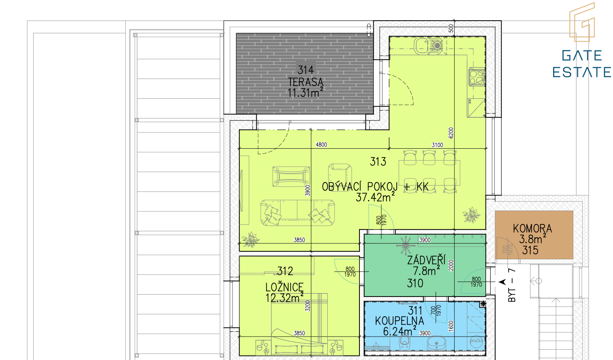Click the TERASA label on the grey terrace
click(x=306, y=82)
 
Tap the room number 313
click(x=378, y=162)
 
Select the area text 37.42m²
click(x=375, y=197)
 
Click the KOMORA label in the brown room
click(x=532, y=228)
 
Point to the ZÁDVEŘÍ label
click(x=427, y=260)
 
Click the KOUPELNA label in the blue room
click(x=399, y=321)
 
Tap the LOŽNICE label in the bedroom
click(x=284, y=287)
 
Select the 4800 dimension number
click(x=321, y=145)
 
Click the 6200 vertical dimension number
click(x=451, y=133)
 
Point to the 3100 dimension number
click(x=437, y=145)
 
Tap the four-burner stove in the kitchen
click(x=477, y=77)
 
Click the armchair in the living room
click(x=340, y=174)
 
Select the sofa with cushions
click(x=298, y=213)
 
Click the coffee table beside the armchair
click(x=291, y=176)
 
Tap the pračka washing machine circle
click(x=476, y=341)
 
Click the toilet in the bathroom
click(x=404, y=343)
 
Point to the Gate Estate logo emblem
click(x=582, y=22)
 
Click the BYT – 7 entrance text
click(x=511, y=285)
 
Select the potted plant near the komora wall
click(x=471, y=215)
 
